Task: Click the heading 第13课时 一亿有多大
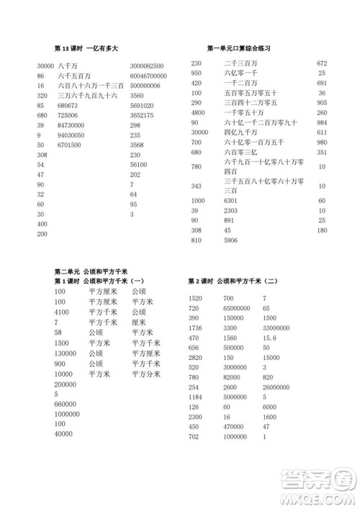point(86,48)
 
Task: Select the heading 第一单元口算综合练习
point(238,48)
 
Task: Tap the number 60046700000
point(149,75)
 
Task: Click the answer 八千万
point(66,66)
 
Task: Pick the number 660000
point(66,404)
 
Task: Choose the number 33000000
point(277,327)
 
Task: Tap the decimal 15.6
point(270,337)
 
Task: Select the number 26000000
point(277,387)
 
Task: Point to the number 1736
point(194,327)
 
